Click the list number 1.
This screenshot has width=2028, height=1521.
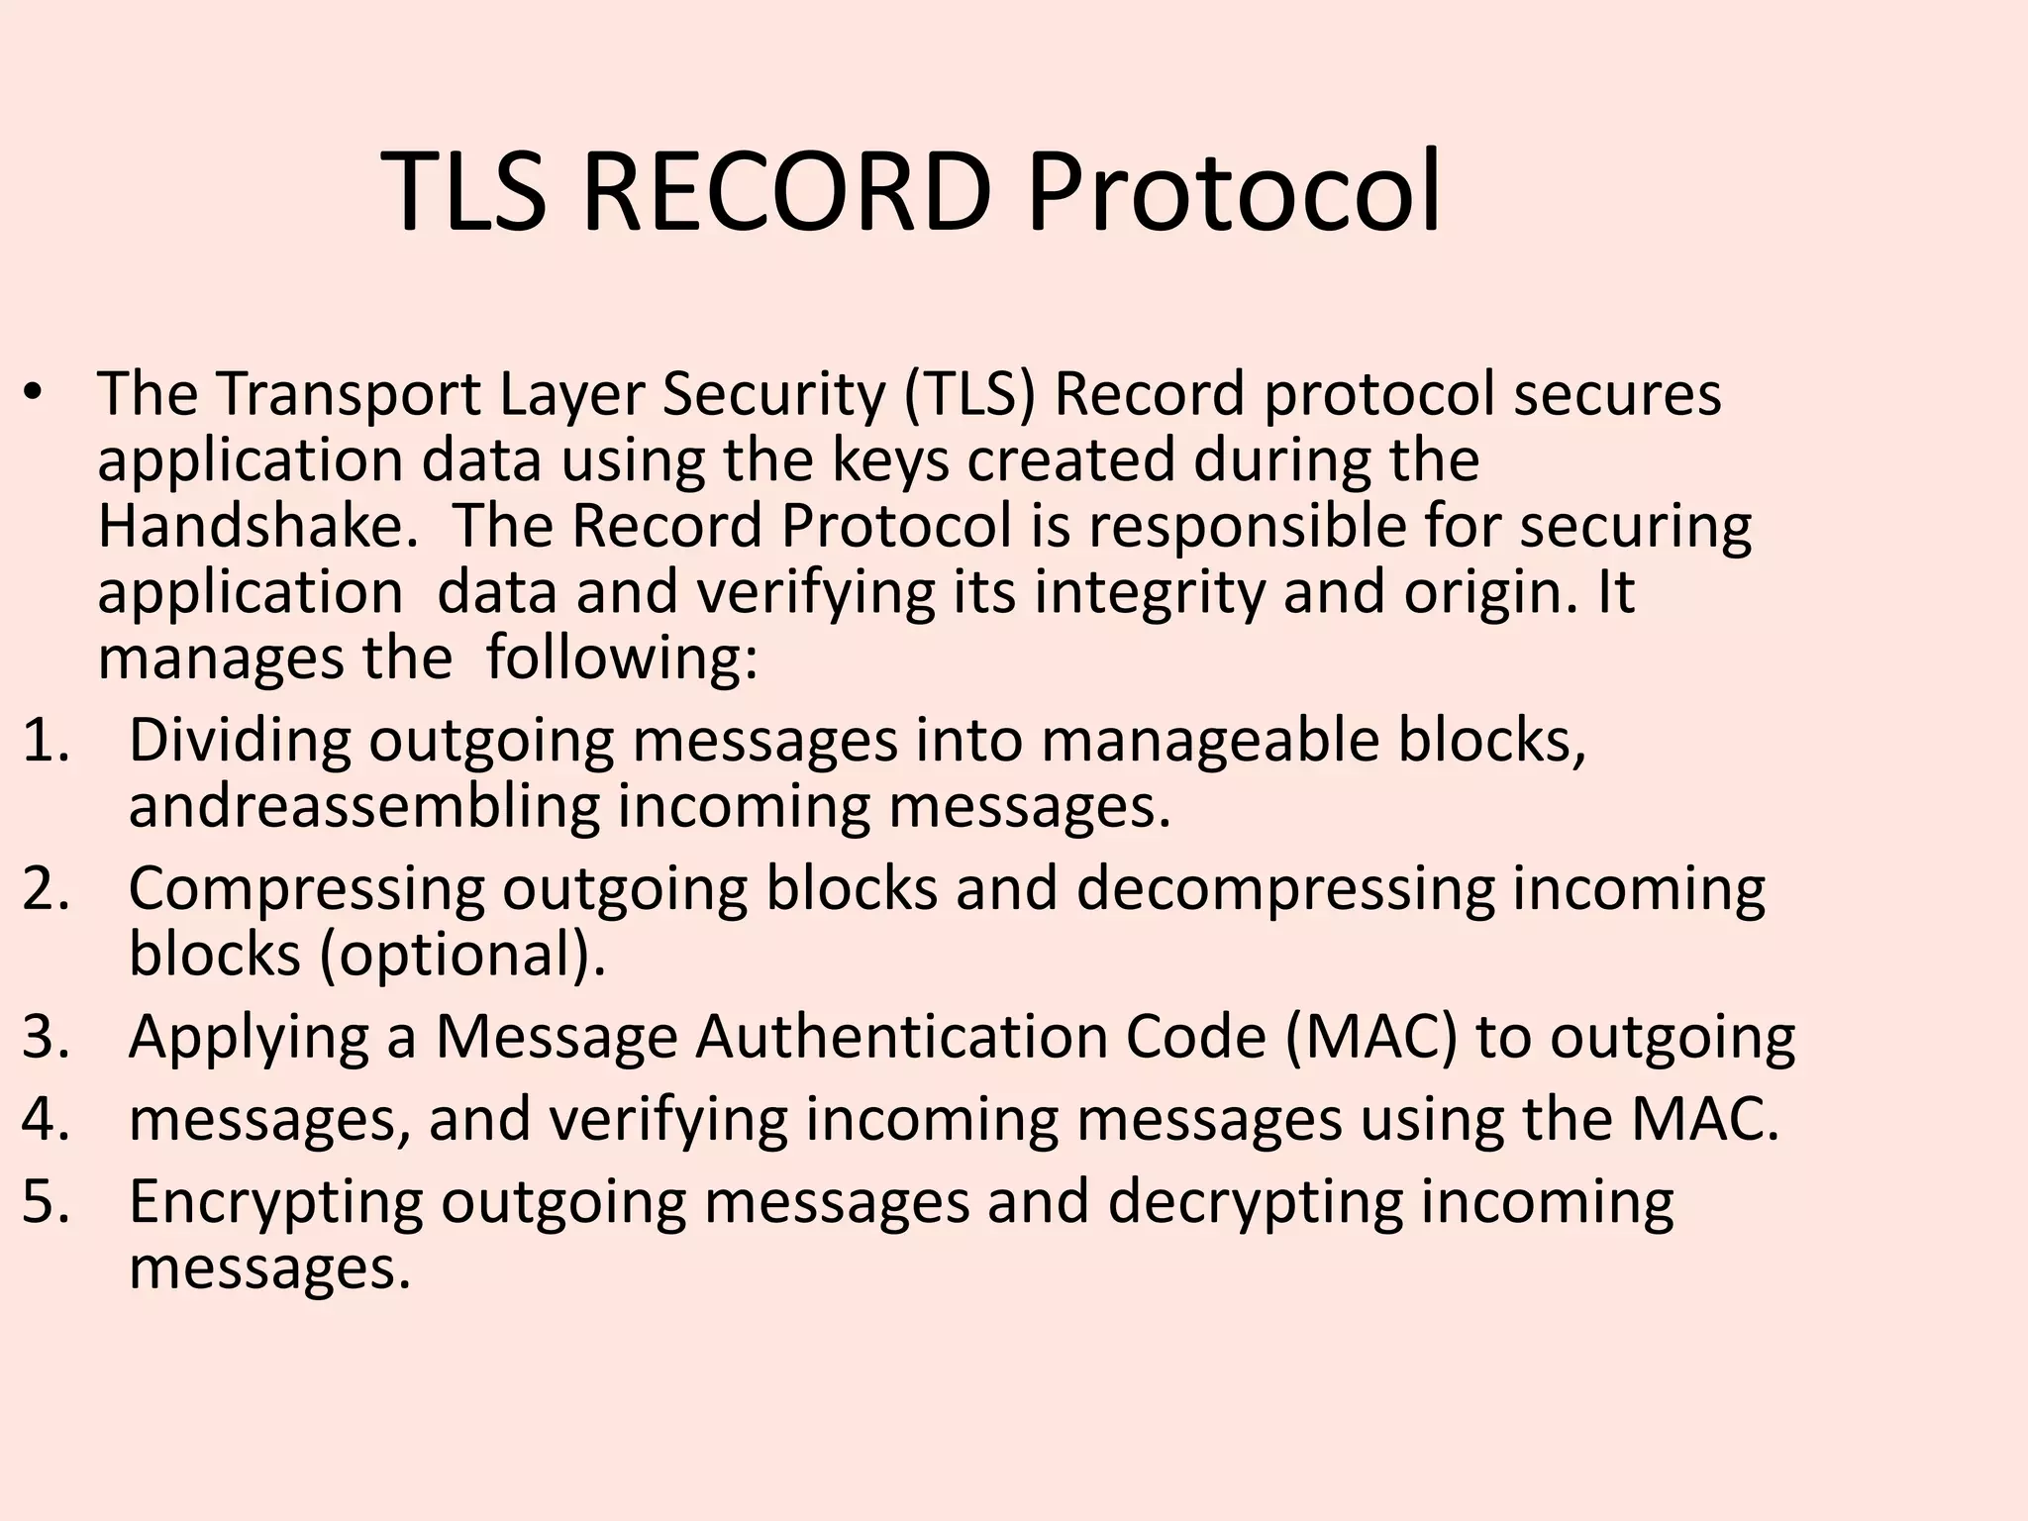click(x=46, y=740)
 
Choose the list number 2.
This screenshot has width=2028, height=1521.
click(x=46, y=888)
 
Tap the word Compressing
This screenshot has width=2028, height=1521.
click(x=306, y=888)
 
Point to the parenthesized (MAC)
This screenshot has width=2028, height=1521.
click(x=1371, y=1037)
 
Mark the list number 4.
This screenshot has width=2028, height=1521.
click(x=46, y=1119)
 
